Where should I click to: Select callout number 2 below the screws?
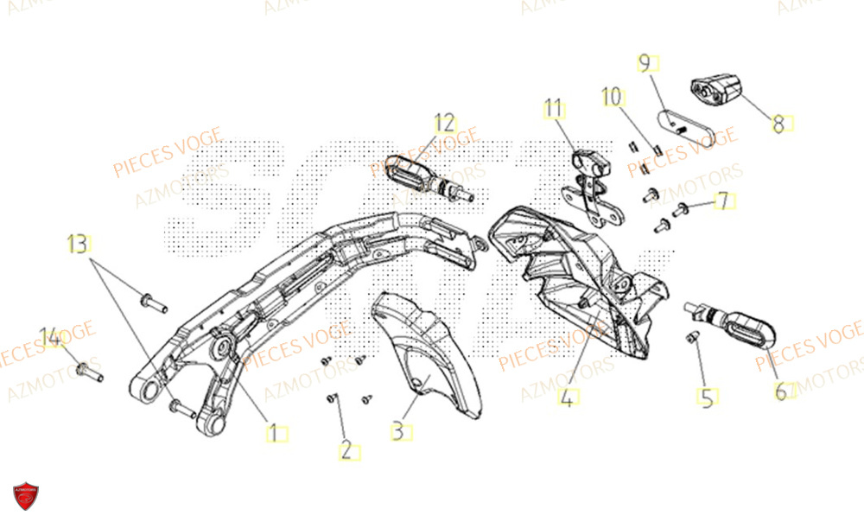coord(346,451)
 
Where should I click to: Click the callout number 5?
coord(707,398)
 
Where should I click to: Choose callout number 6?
coord(780,391)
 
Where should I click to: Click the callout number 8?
coord(778,124)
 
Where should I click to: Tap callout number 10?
coord(612,96)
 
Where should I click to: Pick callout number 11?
coord(553,108)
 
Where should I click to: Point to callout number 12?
coord(444,122)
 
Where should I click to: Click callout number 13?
coord(79,244)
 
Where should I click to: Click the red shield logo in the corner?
coord(25,497)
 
